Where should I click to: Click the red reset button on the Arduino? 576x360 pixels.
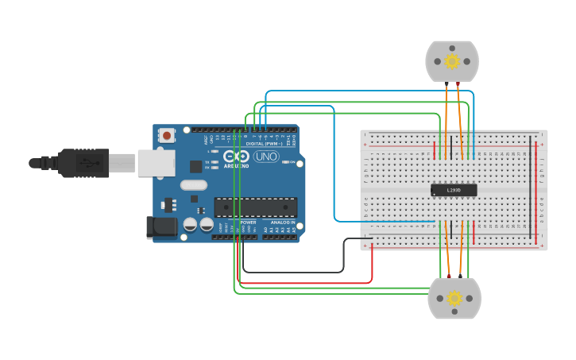tap(167, 136)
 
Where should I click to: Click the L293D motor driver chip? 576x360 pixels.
tap(454, 190)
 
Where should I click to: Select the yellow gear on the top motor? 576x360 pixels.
tap(452, 61)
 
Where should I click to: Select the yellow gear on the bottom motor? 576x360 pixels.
tap(454, 298)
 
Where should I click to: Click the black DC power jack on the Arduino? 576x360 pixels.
tap(162, 227)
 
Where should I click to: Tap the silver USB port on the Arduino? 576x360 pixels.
tap(156, 163)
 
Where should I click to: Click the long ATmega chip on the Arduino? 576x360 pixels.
tap(256, 207)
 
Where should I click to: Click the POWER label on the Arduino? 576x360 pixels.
tap(248, 223)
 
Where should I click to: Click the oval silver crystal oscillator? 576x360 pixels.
tap(194, 185)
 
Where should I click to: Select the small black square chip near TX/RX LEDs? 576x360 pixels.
tap(195, 166)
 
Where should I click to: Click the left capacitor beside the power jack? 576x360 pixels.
tap(190, 225)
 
